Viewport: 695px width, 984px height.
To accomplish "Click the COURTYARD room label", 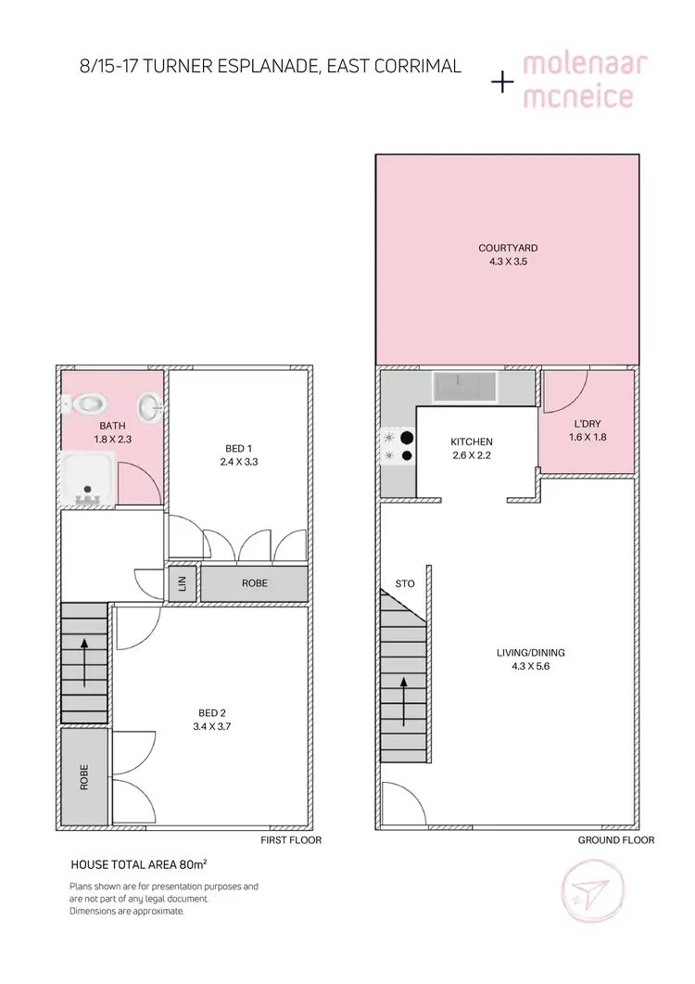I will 508,248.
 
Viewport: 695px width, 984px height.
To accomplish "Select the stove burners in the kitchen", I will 390,446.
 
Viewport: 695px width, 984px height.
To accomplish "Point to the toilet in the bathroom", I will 86,404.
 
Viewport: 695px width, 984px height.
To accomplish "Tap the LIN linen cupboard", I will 183,583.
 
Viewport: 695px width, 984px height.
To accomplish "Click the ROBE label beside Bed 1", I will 255,584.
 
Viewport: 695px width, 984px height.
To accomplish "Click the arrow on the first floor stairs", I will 84,660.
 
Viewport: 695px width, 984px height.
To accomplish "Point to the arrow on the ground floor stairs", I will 403,701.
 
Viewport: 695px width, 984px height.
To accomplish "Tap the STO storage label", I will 405,584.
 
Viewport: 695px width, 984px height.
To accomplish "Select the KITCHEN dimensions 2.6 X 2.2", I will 471,455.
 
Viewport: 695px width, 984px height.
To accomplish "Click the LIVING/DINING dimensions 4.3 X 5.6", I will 530,667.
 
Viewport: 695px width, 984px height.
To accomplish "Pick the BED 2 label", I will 210,713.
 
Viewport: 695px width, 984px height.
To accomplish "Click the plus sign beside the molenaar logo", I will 502,83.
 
